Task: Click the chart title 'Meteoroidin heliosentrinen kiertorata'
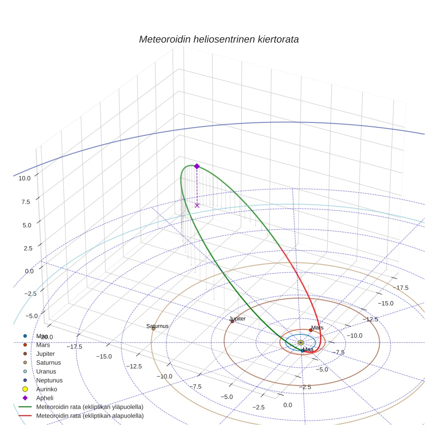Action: [x=219, y=39]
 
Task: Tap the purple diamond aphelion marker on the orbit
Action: [x=197, y=166]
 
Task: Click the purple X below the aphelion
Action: [x=197, y=205]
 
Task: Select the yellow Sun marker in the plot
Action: [x=301, y=342]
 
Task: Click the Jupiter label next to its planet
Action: [x=237, y=319]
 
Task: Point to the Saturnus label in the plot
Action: [x=158, y=326]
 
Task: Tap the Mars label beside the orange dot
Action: [x=317, y=328]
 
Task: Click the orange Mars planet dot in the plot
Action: [x=311, y=330]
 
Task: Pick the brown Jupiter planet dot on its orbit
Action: [x=232, y=321]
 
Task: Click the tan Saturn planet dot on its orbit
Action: [x=154, y=329]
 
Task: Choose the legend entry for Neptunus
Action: [x=49, y=381]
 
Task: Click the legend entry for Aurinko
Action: [x=46, y=389]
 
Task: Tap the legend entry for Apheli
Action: [x=44, y=398]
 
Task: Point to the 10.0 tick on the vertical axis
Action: [x=24, y=178]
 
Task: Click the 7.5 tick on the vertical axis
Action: [x=25, y=202]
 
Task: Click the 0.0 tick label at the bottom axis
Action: [x=288, y=405]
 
